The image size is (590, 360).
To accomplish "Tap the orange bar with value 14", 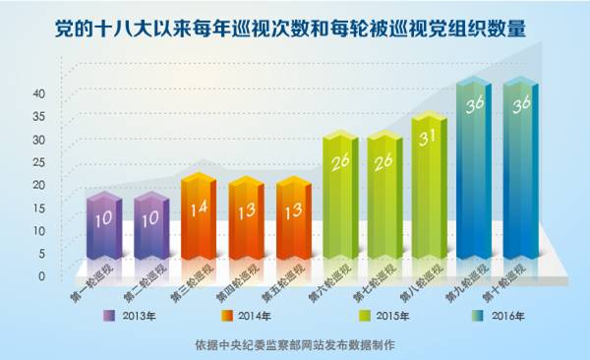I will tap(197, 216).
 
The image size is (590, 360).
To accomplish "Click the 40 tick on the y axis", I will tap(39, 93).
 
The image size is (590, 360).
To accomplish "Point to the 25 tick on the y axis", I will tap(39, 162).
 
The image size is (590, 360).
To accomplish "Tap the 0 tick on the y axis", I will tap(42, 276).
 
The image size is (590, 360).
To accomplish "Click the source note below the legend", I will tap(295, 345).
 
